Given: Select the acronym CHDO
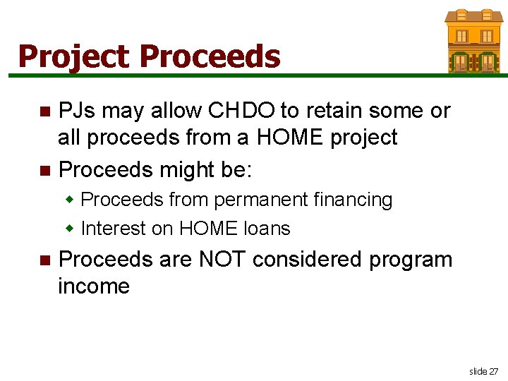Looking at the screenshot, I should pos(238,111).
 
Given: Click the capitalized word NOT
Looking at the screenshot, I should pos(222,260).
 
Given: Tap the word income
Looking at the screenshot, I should pos(94,286).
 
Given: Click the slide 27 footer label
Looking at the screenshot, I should pos(483,371).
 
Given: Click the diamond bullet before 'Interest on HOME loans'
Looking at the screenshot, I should pos(70,229).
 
